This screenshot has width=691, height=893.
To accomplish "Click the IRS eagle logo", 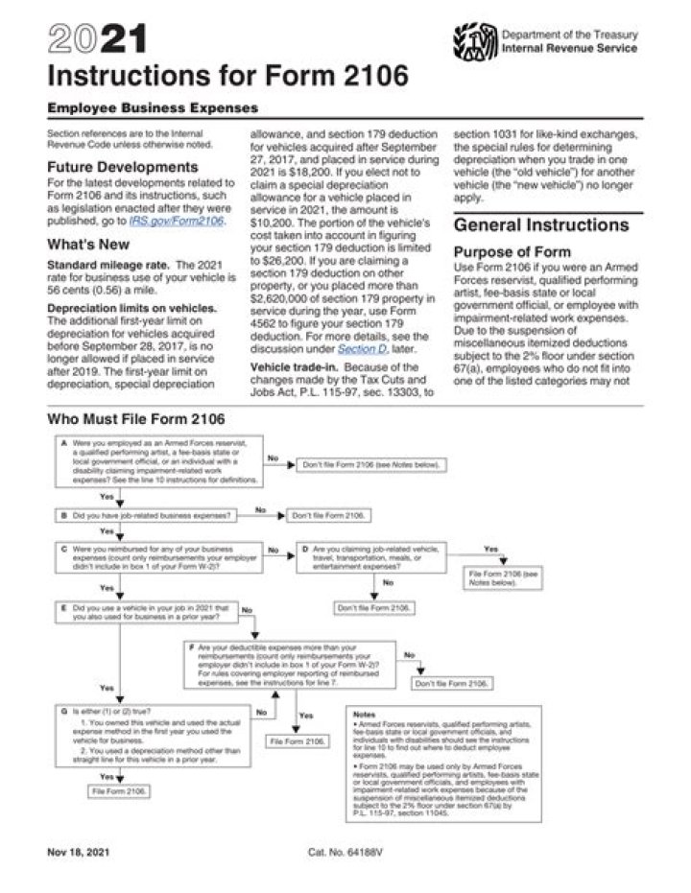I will tap(473, 42).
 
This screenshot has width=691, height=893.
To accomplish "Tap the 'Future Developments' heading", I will tap(122, 167).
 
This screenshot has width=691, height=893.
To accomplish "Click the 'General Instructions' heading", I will tap(540, 225).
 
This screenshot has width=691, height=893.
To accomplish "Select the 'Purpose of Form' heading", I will tap(512, 251).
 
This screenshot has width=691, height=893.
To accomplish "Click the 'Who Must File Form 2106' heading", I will tap(135, 419).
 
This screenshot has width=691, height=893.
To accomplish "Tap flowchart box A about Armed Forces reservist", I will tap(157, 464).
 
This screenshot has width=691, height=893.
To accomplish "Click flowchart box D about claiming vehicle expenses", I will tap(371, 555).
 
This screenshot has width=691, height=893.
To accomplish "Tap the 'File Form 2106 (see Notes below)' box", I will tap(504, 577).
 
